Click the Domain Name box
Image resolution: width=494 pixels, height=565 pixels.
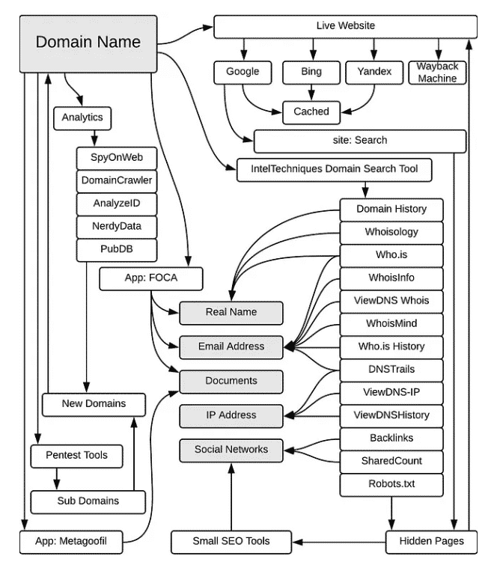pyautogui.click(x=88, y=43)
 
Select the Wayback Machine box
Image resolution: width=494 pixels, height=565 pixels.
pyautogui.click(x=437, y=73)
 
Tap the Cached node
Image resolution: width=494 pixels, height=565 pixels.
pyautogui.click(x=311, y=112)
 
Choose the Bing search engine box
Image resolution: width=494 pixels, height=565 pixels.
pyautogui.click(x=311, y=73)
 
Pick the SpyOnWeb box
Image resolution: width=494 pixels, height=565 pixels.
pyautogui.click(x=117, y=158)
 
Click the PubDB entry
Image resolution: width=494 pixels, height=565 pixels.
pyautogui.click(x=117, y=250)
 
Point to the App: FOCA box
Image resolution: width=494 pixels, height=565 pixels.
pyautogui.click(x=151, y=278)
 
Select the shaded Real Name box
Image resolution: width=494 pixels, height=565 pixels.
pyautogui.click(x=231, y=313)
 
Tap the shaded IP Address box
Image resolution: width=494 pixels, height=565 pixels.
pyautogui.click(x=231, y=416)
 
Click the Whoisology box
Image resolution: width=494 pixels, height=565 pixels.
pyautogui.click(x=391, y=233)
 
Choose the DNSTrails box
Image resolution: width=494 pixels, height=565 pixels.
pyautogui.click(x=391, y=370)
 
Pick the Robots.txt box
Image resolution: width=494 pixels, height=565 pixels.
pyautogui.click(x=391, y=485)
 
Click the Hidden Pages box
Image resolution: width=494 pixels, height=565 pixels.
pyautogui.click(x=431, y=542)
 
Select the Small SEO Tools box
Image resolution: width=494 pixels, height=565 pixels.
pyautogui.click(x=231, y=542)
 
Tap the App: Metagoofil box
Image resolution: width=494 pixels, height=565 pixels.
pyautogui.click(x=71, y=542)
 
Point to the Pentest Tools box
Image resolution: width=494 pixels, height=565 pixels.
pyautogui.click(x=77, y=456)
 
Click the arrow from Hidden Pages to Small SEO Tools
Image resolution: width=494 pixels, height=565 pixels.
pyautogui.click(x=339, y=542)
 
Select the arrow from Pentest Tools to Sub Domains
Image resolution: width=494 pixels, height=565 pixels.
pyautogui.click(x=57, y=479)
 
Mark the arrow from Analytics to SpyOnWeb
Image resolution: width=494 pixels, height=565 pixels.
pyautogui.click(x=94, y=138)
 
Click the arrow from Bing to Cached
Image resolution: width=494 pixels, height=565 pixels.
pyautogui.click(x=311, y=93)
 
